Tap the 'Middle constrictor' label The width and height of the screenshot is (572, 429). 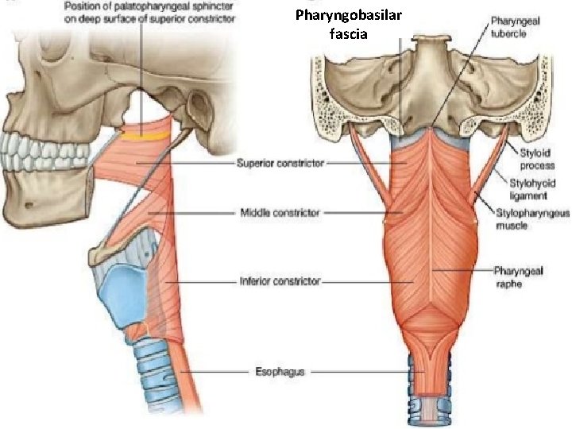click(x=280, y=213)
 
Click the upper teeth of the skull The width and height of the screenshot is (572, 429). click(x=32, y=147)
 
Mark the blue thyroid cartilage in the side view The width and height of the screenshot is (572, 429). click(x=119, y=294)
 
